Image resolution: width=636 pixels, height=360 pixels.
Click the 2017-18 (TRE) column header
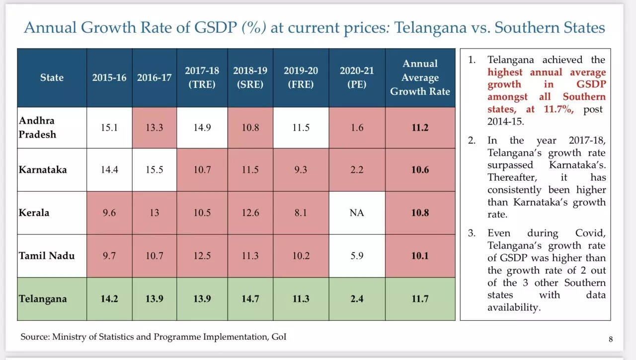click(x=202, y=77)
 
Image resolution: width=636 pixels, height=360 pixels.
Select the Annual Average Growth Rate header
click(x=420, y=77)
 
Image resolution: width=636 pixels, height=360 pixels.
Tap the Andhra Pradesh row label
click(x=37, y=128)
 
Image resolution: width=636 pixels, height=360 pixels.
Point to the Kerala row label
click(x=34, y=213)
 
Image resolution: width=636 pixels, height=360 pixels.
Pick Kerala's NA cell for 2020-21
click(x=357, y=213)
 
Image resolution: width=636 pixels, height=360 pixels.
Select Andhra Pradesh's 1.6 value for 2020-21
click(x=357, y=128)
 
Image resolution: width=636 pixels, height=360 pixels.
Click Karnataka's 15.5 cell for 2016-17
click(x=154, y=170)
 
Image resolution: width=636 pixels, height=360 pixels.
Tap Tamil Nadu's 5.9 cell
click(x=357, y=256)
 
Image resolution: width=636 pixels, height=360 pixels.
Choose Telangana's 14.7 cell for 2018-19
click(x=250, y=299)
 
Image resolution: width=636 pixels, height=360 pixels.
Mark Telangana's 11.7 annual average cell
click(x=420, y=299)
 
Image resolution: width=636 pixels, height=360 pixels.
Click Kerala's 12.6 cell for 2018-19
click(x=250, y=213)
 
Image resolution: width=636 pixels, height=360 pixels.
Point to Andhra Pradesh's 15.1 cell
click(x=109, y=128)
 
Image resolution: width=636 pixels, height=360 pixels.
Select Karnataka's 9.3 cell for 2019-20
click(x=301, y=170)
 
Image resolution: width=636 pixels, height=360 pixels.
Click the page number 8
click(x=611, y=340)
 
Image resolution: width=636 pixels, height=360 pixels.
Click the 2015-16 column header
click(x=109, y=77)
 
